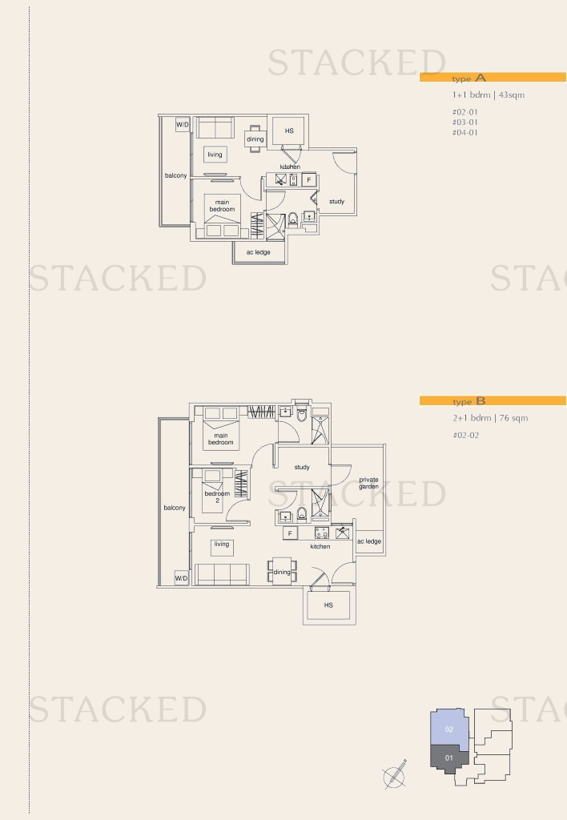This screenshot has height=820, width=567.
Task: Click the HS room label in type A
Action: (289, 131)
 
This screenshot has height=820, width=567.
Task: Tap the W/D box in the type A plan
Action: (183, 124)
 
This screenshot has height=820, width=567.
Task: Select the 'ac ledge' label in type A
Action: (259, 252)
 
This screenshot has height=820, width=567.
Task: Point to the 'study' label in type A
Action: (337, 201)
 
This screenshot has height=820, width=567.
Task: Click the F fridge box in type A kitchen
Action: (309, 180)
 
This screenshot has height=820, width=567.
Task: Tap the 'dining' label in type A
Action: (255, 139)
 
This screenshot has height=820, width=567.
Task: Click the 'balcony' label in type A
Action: (175, 175)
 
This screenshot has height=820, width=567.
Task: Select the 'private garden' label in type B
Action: (368, 483)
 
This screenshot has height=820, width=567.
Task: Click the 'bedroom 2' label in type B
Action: (217, 496)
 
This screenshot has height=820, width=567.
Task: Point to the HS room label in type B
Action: (328, 605)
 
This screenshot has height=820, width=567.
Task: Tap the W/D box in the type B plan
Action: (181, 578)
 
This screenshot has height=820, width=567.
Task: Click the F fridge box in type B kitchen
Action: (290, 533)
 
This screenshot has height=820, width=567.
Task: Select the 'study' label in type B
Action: (302, 467)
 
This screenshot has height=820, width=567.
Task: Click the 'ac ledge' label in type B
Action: (369, 541)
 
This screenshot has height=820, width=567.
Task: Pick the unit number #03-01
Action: (465, 123)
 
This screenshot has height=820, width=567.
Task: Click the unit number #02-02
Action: (465, 435)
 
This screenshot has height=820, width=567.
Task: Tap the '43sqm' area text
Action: (512, 94)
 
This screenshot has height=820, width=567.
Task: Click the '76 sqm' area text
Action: (513, 418)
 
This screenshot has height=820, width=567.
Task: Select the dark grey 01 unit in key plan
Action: (448, 758)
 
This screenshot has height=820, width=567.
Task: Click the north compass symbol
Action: (395, 774)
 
